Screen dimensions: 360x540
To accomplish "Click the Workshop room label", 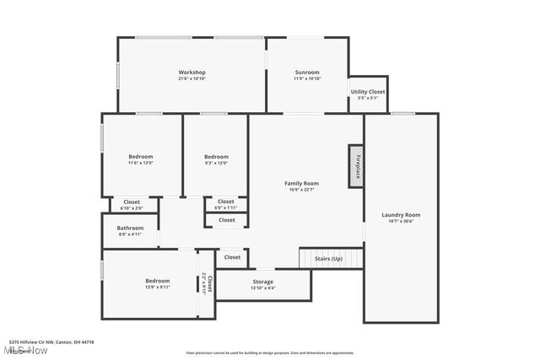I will click(192, 73).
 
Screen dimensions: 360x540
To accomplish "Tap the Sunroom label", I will click(307, 73).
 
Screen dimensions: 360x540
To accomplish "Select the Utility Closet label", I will click(368, 91).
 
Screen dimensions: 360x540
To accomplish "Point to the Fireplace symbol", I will click(357, 166).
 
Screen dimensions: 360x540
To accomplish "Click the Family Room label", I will click(301, 183).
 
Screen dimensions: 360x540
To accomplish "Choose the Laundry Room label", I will click(401, 215).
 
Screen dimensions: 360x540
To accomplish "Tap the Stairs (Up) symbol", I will click(329, 258).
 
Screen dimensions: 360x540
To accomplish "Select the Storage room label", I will click(262, 282).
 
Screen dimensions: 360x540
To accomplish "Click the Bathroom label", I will click(130, 228).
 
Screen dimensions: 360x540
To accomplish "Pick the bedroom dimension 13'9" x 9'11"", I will click(157, 287).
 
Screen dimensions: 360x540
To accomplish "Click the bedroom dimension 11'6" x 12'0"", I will click(141, 164).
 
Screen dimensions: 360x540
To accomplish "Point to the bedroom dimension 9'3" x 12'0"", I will click(216, 164).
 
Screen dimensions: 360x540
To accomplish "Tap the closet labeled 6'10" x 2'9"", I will click(132, 207).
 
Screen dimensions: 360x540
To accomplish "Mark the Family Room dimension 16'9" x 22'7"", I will click(301, 190).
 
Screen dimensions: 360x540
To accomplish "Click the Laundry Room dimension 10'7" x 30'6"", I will click(401, 222).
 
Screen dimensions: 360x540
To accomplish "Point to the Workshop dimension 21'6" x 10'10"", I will click(192, 79).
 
